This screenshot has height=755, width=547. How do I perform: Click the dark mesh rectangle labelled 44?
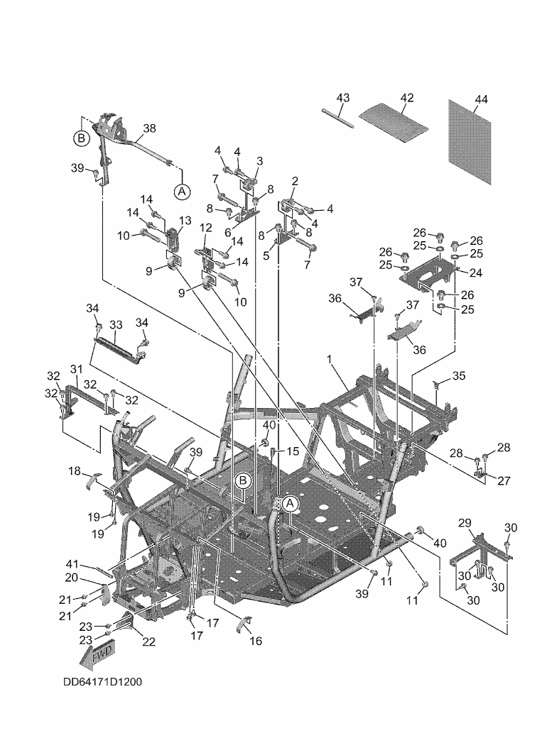(x=470, y=142)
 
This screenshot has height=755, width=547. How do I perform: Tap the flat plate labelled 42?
(x=395, y=121)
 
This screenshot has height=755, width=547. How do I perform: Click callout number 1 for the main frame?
(x=330, y=360)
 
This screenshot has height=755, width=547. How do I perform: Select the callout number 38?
(x=149, y=129)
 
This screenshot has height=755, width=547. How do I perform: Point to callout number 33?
(x=116, y=325)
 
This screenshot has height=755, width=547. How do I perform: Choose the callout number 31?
(x=76, y=369)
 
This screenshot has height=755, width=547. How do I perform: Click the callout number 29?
(x=465, y=523)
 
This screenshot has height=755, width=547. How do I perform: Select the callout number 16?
(x=256, y=641)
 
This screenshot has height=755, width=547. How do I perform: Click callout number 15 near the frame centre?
(x=291, y=451)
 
